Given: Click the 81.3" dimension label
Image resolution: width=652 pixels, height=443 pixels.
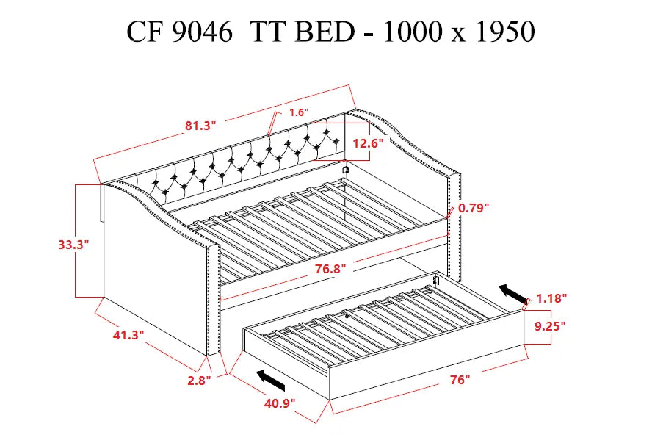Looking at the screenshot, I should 200,126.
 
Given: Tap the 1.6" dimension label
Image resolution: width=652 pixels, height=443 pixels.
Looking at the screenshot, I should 299,112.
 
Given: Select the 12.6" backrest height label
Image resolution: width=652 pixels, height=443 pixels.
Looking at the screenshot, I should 368,144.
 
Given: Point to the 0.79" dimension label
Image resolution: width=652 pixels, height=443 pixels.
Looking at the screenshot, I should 474,208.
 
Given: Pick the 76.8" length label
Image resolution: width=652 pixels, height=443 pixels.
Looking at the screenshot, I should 329,269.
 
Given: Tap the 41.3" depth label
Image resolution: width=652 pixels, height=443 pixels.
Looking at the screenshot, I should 128,334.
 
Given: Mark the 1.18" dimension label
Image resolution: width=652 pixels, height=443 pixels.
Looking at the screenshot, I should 551,298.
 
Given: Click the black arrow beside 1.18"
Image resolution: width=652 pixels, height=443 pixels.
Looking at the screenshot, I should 514,294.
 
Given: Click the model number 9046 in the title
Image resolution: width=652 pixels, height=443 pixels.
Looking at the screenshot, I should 203,32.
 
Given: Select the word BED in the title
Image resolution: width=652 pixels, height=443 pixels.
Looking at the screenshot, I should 326,32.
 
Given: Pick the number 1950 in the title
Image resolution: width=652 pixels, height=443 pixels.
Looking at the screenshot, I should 497,32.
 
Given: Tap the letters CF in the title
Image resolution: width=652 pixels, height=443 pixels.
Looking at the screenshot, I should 142,32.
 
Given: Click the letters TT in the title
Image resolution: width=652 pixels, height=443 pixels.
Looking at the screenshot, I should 268,32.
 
